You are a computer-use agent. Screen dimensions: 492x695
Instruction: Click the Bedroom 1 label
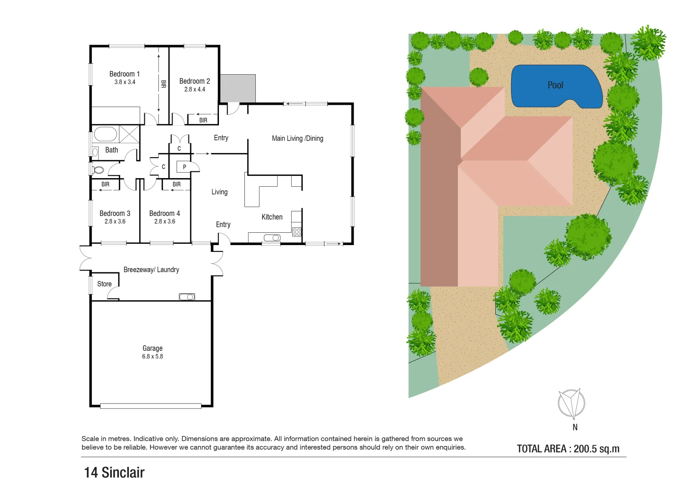(124, 74)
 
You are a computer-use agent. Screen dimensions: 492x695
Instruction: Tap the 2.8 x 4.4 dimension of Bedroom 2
(194, 89)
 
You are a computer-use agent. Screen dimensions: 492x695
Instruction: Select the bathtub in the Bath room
(106, 134)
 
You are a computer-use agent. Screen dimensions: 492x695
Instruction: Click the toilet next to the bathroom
(98, 170)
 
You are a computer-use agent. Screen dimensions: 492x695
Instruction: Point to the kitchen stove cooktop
(297, 231)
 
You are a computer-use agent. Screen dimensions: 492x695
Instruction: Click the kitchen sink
(272, 237)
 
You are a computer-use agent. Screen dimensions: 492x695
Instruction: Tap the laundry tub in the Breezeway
(187, 297)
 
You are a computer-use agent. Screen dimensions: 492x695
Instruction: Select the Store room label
(104, 284)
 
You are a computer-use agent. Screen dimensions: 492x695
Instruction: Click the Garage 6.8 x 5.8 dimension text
(152, 356)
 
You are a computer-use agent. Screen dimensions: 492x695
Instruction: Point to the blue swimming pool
(555, 87)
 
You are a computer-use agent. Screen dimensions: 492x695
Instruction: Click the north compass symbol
(571, 404)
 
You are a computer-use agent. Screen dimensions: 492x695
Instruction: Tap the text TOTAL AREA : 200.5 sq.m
(568, 449)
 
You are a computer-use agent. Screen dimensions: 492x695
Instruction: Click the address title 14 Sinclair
(114, 472)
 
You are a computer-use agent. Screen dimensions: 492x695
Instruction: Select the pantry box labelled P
(184, 167)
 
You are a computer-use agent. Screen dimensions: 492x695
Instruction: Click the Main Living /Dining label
(297, 138)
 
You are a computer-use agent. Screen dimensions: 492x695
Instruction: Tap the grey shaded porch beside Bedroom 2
(238, 88)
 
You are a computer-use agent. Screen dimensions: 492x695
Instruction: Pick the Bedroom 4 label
(164, 213)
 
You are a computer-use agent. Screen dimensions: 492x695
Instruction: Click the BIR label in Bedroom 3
(105, 184)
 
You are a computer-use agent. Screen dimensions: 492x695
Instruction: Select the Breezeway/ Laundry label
(151, 270)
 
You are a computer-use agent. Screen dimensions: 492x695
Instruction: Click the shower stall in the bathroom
(129, 134)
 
